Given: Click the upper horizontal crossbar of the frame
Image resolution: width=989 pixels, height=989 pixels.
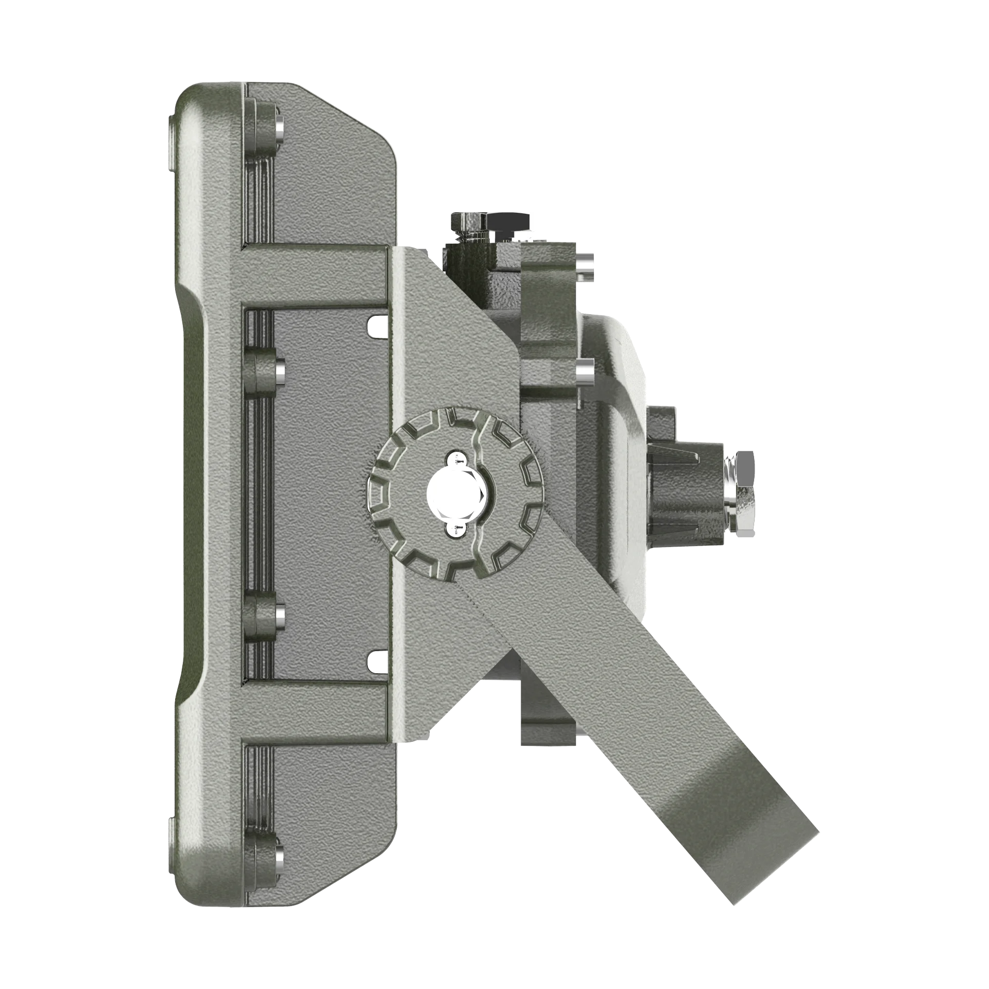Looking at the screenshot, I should coord(314,278).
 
